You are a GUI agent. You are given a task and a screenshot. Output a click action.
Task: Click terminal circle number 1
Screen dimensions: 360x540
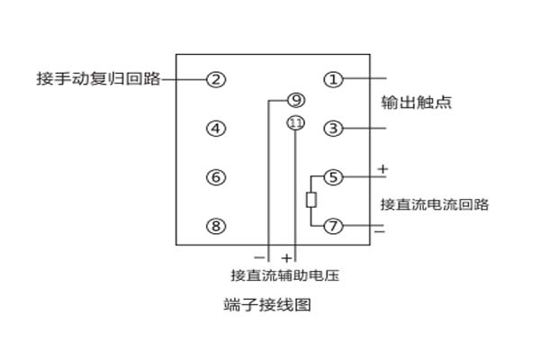pyautogui.click(x=334, y=79)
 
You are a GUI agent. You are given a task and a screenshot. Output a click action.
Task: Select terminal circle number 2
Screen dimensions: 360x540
pyautogui.click(x=215, y=79)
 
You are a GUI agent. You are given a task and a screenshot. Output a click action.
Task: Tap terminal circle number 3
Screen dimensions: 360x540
pyautogui.click(x=334, y=129)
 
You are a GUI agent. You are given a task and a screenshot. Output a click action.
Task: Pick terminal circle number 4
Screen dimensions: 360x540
pyautogui.click(x=215, y=129)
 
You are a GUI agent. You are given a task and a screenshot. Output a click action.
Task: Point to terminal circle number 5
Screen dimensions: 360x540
pyautogui.click(x=334, y=177)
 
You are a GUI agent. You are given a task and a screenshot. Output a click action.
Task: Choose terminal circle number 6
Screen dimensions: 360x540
pyautogui.click(x=215, y=177)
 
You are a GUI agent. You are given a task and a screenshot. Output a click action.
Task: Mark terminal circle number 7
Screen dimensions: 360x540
pyautogui.click(x=334, y=226)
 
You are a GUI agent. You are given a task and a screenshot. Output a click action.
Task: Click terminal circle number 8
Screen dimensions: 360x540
pyautogui.click(x=215, y=226)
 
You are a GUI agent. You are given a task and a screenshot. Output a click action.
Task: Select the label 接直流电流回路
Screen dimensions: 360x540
pyautogui.click(x=434, y=203)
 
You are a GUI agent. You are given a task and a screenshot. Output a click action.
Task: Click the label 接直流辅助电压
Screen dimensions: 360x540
pyautogui.click(x=283, y=274)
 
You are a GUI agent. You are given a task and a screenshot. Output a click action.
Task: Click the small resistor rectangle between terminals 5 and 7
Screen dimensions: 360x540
pyautogui.click(x=311, y=200)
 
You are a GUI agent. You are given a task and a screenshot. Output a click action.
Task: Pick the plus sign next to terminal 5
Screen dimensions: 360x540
pyautogui.click(x=382, y=167)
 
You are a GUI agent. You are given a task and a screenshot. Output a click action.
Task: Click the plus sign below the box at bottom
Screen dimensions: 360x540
pyautogui.click(x=288, y=256)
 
